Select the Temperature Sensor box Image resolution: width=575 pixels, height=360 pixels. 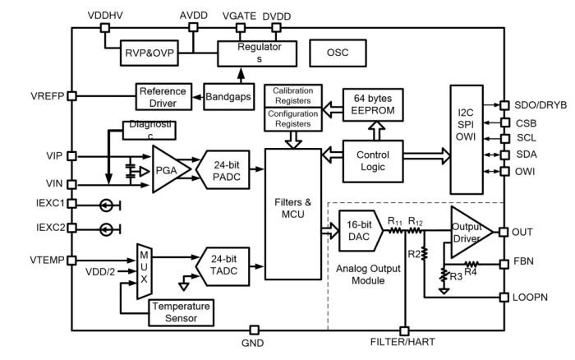pyautogui.click(x=178, y=311)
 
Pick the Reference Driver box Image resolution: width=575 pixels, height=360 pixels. pyautogui.click(x=163, y=95)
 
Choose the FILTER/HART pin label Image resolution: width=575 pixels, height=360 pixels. pyautogui.click(x=405, y=344)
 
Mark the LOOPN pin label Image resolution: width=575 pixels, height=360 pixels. pyautogui.click(x=528, y=296)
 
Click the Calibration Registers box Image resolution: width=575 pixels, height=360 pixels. pyautogui.click(x=292, y=95)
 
